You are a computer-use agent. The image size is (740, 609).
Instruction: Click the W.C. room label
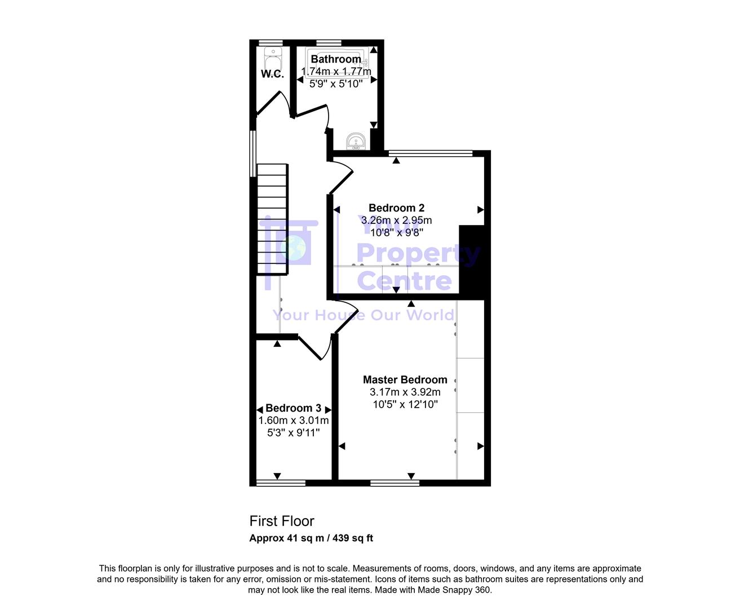point(272,74)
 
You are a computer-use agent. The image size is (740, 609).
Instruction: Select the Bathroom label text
point(336,59)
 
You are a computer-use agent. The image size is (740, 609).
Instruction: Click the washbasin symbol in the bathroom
point(356,142)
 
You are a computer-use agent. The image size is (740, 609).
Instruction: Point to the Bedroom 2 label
point(396,208)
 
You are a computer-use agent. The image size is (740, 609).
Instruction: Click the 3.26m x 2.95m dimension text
point(396,220)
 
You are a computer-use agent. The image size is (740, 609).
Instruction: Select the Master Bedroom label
point(405,380)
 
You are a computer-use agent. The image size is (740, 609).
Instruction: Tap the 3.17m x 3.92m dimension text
point(405,392)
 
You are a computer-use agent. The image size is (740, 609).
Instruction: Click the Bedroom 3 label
point(293,408)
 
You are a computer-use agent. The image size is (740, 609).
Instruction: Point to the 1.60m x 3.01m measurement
point(293,421)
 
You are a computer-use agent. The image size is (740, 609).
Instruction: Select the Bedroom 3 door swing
point(313,347)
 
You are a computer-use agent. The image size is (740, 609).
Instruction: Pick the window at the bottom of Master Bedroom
point(395,483)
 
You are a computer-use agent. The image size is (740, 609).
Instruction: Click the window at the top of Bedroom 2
point(431,153)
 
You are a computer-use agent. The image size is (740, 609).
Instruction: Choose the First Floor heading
point(282,522)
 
